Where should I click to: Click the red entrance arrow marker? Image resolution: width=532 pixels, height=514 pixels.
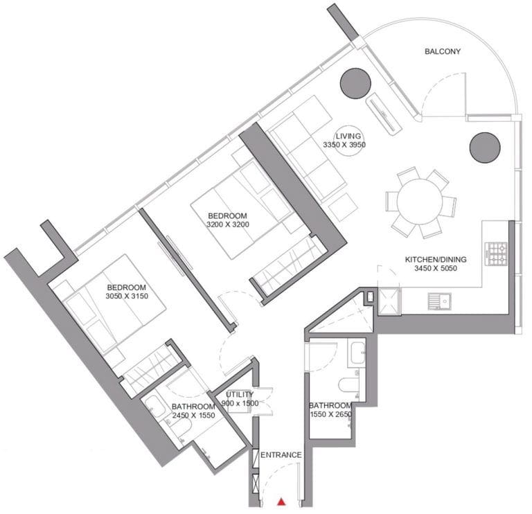click(x=281, y=502)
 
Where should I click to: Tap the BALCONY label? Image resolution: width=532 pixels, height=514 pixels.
click(x=443, y=51)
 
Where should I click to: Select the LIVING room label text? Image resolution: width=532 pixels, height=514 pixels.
click(x=348, y=136)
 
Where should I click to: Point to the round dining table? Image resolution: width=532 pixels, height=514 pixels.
click(x=420, y=202)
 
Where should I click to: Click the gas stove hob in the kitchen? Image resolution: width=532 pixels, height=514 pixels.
click(x=498, y=254)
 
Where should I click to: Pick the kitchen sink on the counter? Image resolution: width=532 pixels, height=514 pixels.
click(x=439, y=301)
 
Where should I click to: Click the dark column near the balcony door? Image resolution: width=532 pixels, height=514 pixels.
click(x=355, y=83)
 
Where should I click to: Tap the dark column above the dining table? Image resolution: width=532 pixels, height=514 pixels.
click(x=485, y=148)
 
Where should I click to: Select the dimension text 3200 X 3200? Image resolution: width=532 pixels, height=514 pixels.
click(x=228, y=224)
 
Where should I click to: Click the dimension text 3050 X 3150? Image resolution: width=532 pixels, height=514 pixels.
click(x=127, y=296)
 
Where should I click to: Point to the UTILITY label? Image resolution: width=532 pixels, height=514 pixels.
click(x=240, y=394)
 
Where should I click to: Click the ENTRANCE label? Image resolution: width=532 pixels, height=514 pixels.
click(x=281, y=454)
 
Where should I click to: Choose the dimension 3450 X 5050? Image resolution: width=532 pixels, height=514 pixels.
click(x=436, y=268)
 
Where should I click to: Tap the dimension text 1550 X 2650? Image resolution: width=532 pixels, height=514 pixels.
click(x=331, y=414)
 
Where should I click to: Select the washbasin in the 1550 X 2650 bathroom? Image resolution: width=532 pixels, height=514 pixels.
click(x=357, y=353)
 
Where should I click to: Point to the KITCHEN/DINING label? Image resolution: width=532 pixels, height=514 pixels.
click(x=436, y=260)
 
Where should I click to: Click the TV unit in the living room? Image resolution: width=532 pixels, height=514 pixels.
click(x=383, y=112)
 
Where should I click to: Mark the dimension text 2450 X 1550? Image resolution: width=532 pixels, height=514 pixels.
click(x=193, y=415)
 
